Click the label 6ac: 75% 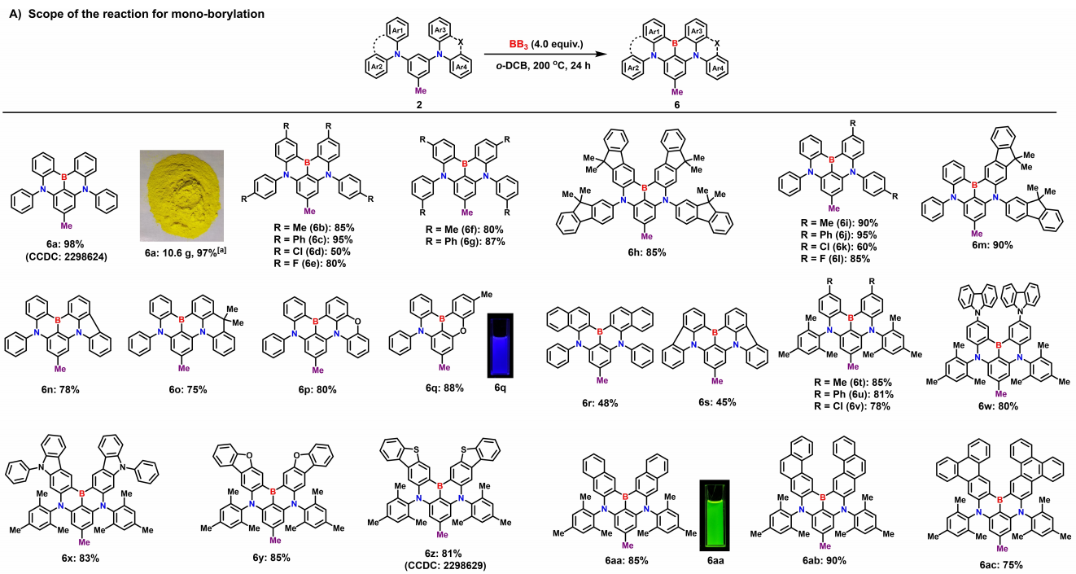tap(998, 564)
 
